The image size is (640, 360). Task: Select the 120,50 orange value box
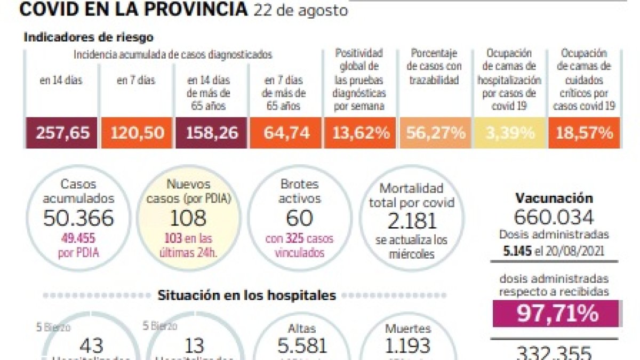coord(138,133)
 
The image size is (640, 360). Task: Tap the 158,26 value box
coord(212,133)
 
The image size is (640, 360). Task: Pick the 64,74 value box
coord(286,133)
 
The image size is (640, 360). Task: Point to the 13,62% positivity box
coord(361,133)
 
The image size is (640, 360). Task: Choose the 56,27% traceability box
coord(435,133)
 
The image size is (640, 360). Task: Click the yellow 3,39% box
coord(510,133)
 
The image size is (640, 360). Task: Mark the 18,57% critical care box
coord(584,133)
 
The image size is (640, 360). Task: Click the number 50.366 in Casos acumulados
coord(78,218)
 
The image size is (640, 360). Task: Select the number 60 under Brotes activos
coord(299,218)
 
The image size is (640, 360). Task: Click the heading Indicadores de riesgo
coord(89,38)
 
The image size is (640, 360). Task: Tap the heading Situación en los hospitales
coord(247,295)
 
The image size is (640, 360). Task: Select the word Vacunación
coord(554,198)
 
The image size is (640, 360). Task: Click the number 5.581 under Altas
coord(302,346)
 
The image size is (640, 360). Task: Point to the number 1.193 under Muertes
coord(408,346)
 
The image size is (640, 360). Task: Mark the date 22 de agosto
coord(300,10)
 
